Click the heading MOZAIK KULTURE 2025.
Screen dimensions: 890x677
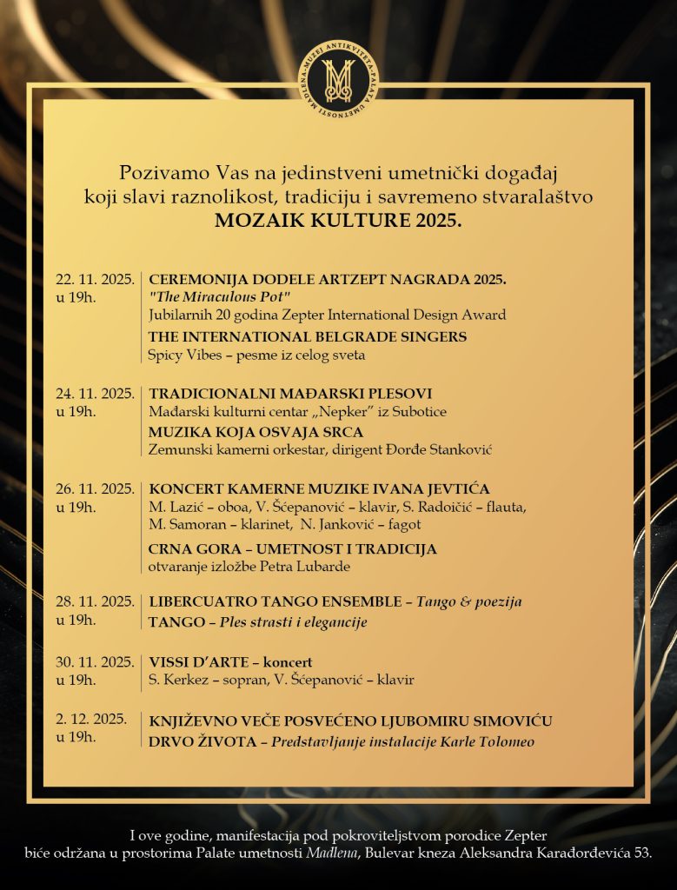pos(337,221)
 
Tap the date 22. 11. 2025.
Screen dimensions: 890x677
pos(95,280)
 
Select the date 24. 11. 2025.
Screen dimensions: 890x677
pos(95,394)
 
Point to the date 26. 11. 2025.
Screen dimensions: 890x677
pos(95,488)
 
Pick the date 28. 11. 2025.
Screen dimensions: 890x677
pos(95,601)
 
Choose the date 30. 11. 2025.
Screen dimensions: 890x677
pos(95,662)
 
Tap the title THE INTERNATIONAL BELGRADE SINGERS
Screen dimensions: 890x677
pos(308,336)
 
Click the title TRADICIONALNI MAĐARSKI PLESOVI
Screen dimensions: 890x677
pos(290,394)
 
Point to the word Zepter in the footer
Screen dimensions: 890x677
pos(519,836)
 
